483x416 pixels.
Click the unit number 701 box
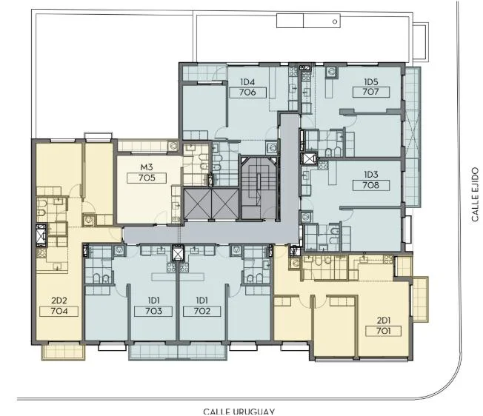(384, 331)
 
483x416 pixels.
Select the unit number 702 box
(201, 311)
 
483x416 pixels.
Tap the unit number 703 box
(153, 311)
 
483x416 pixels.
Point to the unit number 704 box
(59, 311)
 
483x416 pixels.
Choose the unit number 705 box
(147, 178)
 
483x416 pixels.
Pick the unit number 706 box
(247, 93)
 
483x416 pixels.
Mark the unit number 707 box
(371, 92)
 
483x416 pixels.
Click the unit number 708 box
(371, 185)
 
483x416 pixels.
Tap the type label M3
(147, 167)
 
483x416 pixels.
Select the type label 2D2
(59, 301)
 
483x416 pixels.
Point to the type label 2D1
(384, 321)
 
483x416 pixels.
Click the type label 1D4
(247, 82)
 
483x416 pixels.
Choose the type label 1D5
(371, 82)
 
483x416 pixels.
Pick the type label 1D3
(371, 175)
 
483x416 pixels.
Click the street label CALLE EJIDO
(475, 194)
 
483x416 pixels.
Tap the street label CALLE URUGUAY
(239, 412)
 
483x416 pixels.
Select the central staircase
(259, 188)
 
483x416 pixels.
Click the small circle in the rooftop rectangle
(335, 21)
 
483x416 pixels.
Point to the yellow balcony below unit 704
(63, 352)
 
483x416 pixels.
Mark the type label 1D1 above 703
(153, 301)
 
